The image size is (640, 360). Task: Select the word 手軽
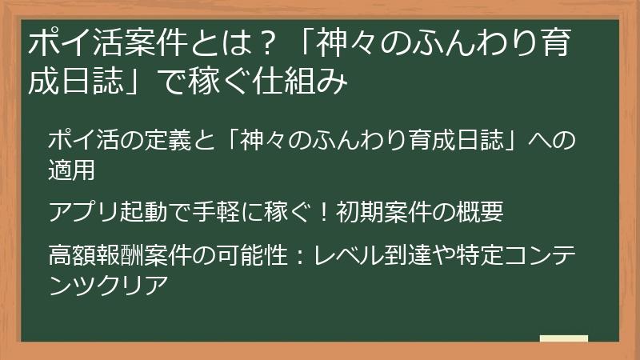(221, 212)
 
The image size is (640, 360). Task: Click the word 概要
(479, 212)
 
